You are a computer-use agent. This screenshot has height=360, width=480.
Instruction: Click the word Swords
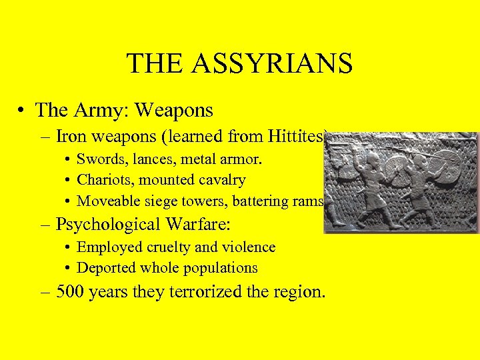coord(99,159)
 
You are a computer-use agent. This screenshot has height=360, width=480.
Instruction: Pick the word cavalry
coord(222,180)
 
